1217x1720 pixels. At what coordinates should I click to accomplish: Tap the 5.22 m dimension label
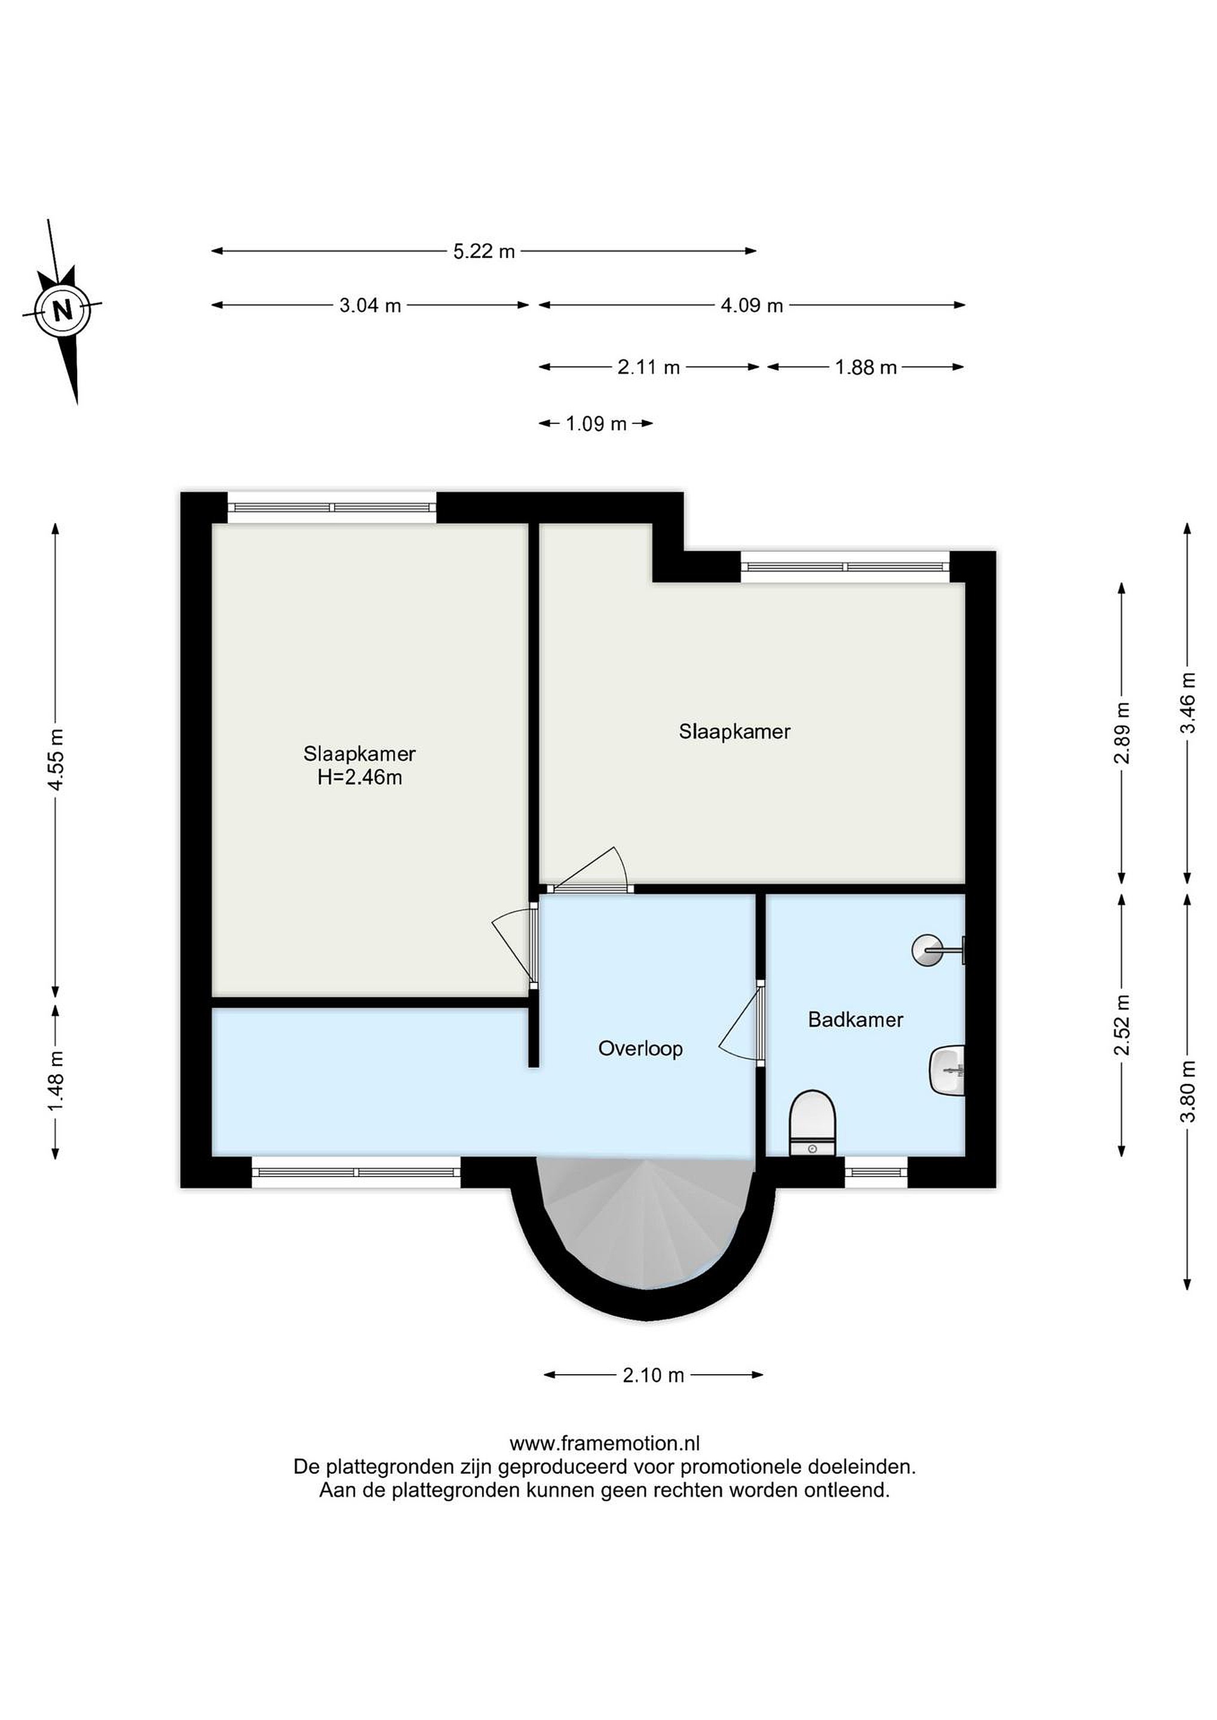484,251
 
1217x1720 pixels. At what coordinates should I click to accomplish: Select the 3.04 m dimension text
370,306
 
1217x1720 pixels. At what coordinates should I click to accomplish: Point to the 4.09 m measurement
752,306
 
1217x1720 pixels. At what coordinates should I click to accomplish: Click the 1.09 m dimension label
596,424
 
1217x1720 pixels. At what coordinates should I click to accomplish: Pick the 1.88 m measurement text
866,367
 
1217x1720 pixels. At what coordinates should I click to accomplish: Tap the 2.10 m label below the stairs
654,1375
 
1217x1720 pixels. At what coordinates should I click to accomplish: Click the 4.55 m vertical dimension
56,758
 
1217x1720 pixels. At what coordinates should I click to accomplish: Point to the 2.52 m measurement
1122,1025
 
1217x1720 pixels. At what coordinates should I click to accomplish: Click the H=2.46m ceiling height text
360,778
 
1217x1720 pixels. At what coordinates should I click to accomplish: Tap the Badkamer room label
856,1019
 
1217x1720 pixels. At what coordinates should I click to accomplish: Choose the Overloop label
640,1049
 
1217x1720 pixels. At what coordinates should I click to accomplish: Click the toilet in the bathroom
813,1124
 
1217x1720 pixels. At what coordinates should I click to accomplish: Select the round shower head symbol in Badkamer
927,951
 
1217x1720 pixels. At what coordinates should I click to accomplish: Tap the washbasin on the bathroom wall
947,1071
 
